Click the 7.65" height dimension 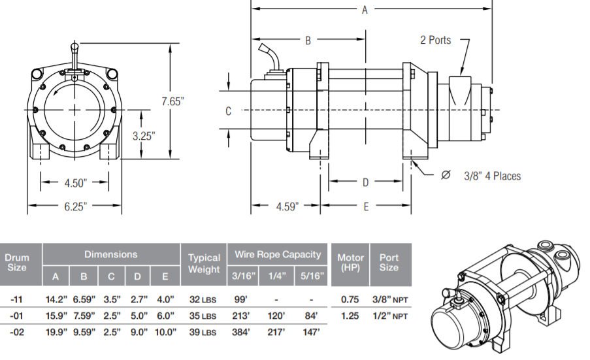(x=173, y=101)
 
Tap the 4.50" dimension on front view (x=76, y=182)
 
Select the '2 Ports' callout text (x=435, y=40)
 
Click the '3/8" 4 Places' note (x=492, y=176)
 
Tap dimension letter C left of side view (x=229, y=111)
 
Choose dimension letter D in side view (x=365, y=182)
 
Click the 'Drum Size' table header (x=17, y=263)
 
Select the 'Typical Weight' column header (x=203, y=263)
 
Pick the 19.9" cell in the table (x=56, y=332)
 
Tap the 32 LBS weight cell (x=204, y=299)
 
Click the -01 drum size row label (x=18, y=316)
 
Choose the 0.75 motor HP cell (x=350, y=299)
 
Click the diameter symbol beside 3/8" (x=446, y=175)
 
